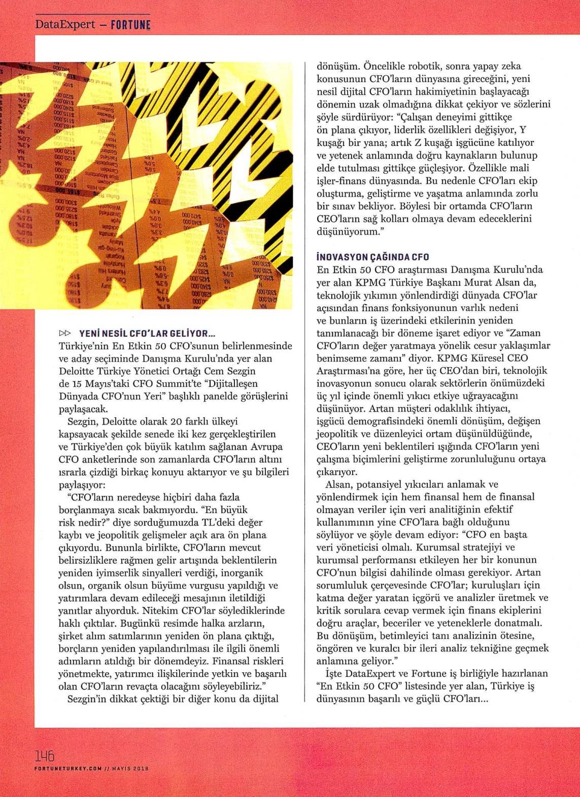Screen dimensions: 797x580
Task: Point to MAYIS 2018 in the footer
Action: pos(129,769)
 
